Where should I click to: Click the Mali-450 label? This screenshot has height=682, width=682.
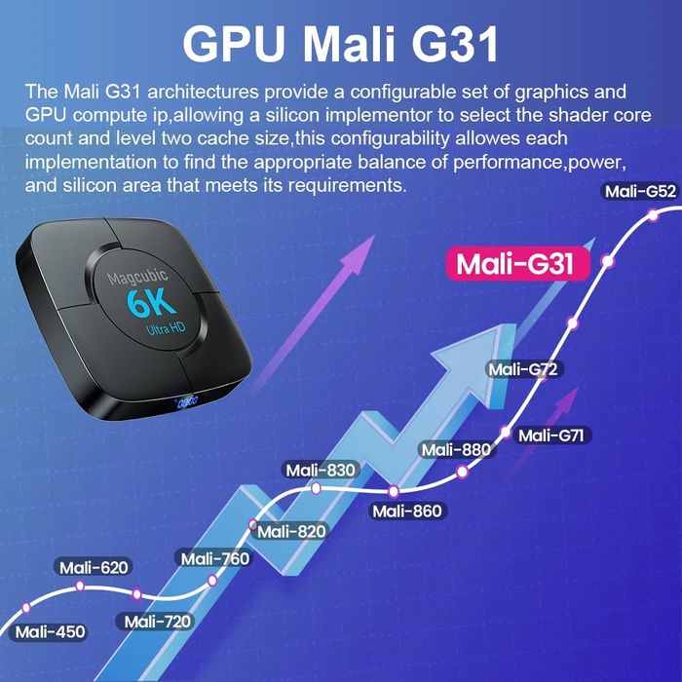[x=50, y=632]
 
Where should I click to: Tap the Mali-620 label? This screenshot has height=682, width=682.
[x=94, y=567]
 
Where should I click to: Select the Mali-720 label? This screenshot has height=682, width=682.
[x=158, y=622]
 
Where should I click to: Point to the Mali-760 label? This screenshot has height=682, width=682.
[x=214, y=558]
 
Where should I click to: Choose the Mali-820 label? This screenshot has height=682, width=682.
[x=291, y=531]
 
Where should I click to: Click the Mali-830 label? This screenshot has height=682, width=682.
[x=321, y=470]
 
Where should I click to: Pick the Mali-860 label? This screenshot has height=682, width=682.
[x=407, y=511]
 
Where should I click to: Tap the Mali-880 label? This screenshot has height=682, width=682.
[x=456, y=449]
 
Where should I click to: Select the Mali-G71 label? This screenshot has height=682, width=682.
[x=550, y=435]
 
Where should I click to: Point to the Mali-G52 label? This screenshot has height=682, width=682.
[x=640, y=191]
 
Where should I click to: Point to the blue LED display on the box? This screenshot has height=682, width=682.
[x=185, y=399]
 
